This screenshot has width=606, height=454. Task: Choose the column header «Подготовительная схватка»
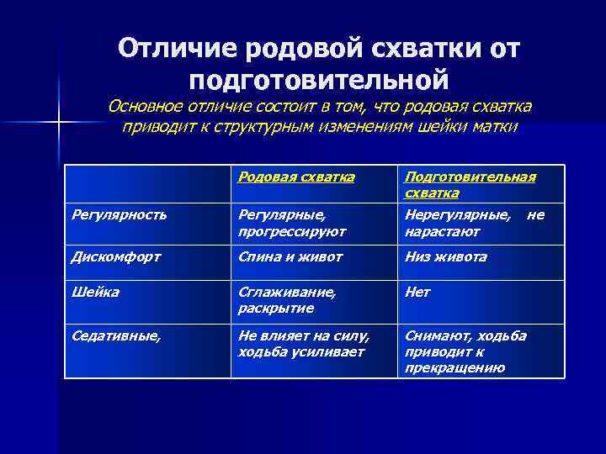470,184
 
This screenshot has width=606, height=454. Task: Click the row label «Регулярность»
118,215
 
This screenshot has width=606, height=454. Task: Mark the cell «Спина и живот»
290,256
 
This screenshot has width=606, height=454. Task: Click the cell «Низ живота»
445,256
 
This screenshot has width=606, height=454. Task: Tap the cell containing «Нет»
417,292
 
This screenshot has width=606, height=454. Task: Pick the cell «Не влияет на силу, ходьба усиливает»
303,343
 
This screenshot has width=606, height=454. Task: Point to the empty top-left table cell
147,184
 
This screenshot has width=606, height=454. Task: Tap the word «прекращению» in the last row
454,367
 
